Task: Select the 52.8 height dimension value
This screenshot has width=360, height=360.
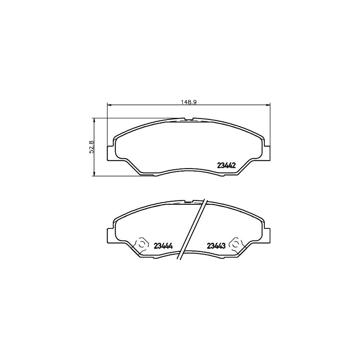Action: pos(91,147)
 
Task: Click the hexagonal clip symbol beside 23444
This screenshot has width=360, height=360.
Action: pos(141,244)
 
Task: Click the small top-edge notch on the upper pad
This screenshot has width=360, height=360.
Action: pos(188,119)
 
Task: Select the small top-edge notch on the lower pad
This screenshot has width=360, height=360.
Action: pos(188,201)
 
